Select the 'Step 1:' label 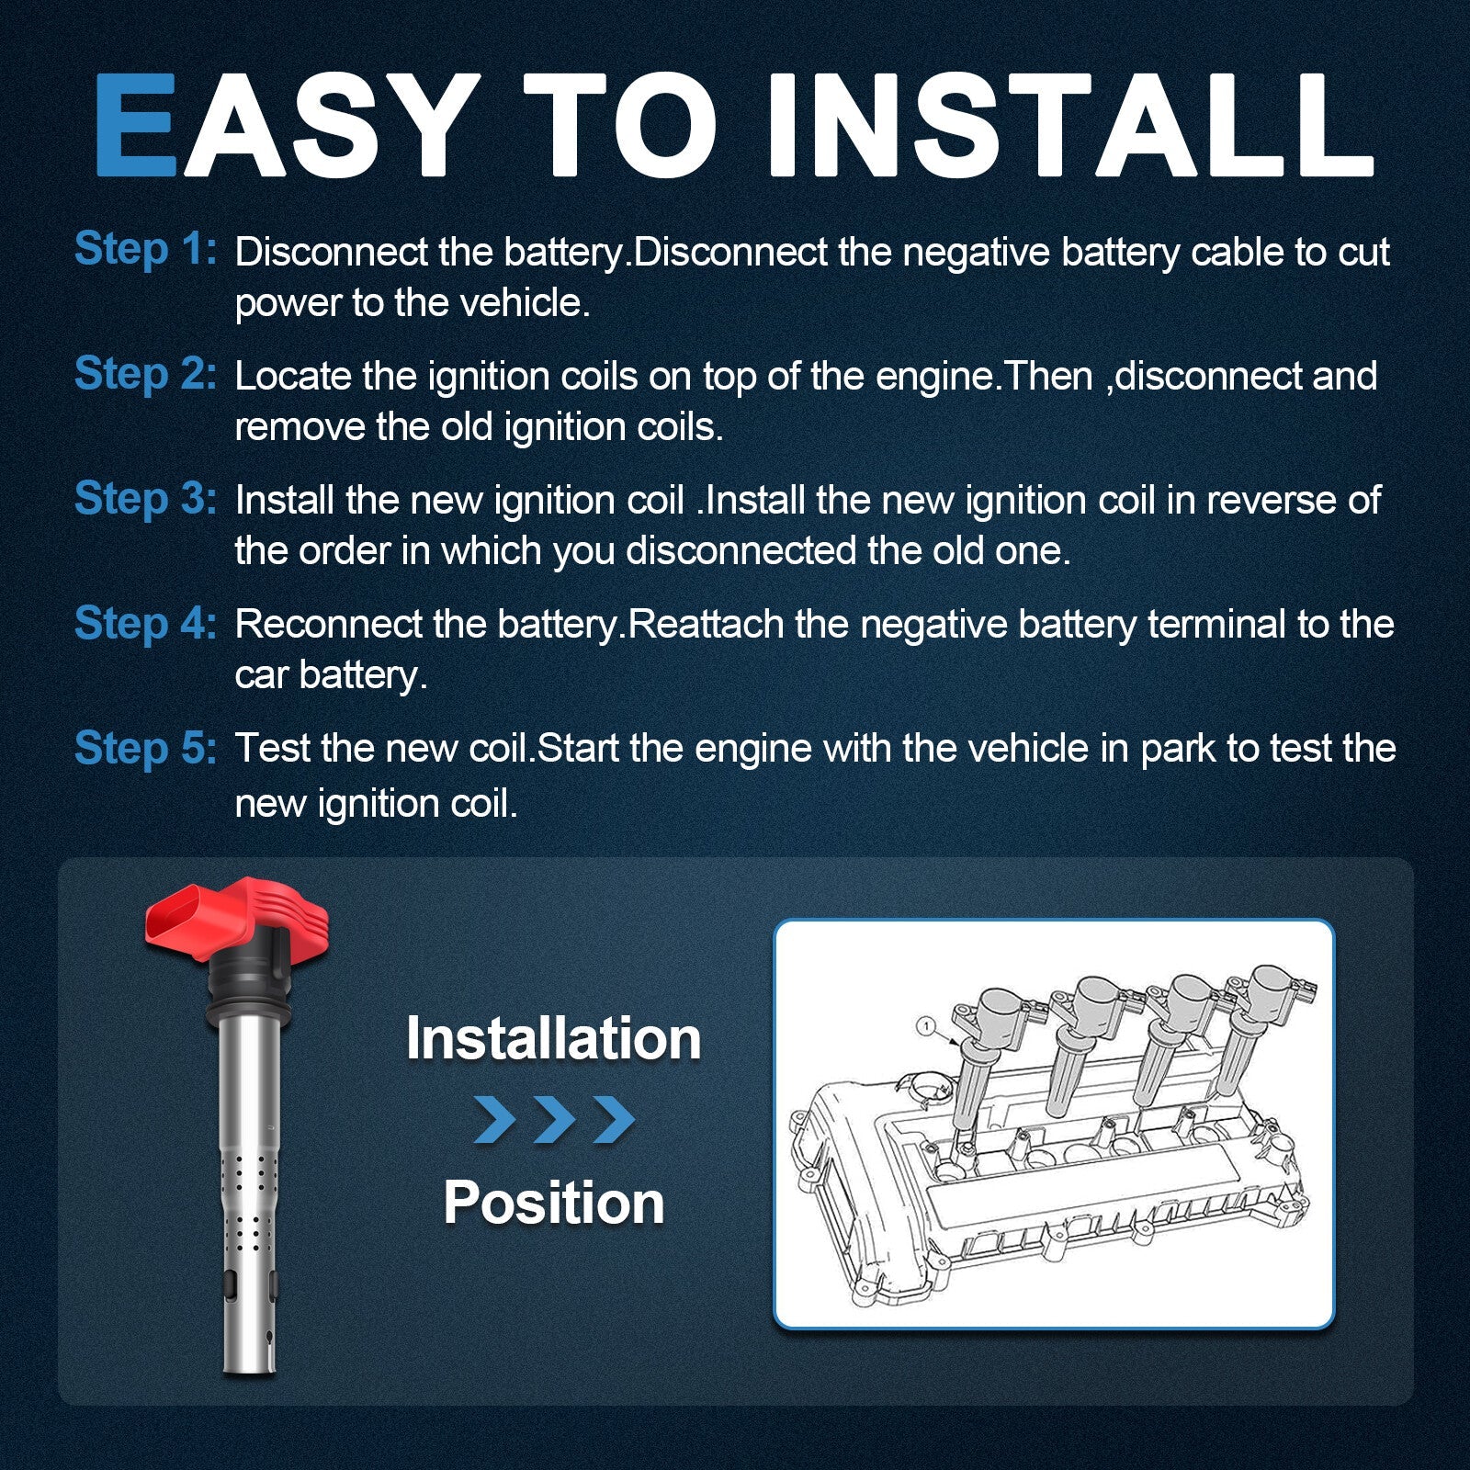click(145, 249)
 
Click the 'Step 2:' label click(145, 374)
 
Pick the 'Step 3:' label click(145, 499)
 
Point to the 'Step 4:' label click(145, 623)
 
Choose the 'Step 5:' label click(145, 748)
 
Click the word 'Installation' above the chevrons click(554, 1038)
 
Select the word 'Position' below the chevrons click(554, 1203)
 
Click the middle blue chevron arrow click(555, 1119)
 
